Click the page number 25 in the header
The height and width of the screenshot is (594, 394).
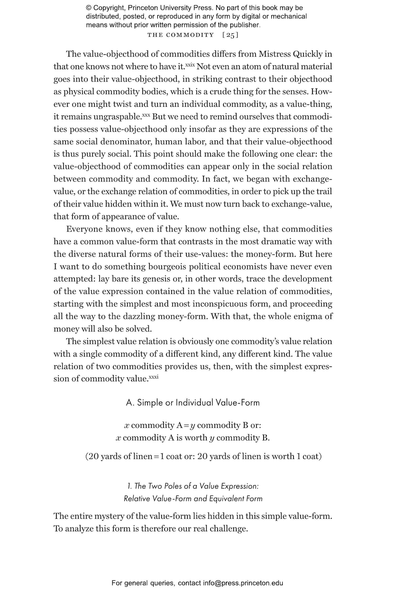pyautogui.click(x=230, y=35)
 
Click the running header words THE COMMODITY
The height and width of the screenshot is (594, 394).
pyautogui.click(x=181, y=35)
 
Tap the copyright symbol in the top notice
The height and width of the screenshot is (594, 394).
pyautogui.click(x=89, y=8)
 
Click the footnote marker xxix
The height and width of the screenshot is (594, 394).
pyautogui.click(x=190, y=65)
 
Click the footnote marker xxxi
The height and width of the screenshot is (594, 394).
pyautogui.click(x=154, y=377)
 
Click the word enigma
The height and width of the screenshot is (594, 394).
pyautogui.click(x=308, y=317)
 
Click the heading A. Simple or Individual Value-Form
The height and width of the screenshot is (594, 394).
pyautogui.click(x=193, y=403)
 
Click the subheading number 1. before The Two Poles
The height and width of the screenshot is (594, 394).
pyautogui.click(x=129, y=486)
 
